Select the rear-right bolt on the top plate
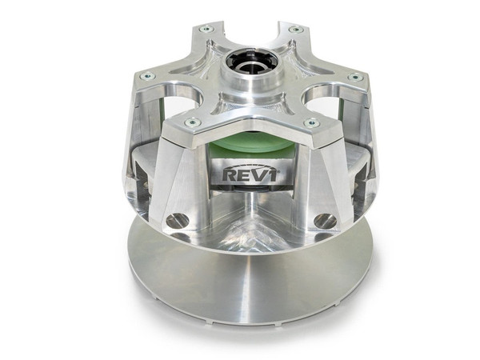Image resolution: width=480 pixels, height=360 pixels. (295, 30)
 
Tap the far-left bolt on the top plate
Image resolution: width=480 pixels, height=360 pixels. (146, 76)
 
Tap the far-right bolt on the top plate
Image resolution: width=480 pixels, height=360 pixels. (354, 78)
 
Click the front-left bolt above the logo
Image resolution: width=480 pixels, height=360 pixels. (192, 122)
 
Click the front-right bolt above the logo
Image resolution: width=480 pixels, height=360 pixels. (311, 123)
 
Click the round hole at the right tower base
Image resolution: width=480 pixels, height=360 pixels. (323, 220)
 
